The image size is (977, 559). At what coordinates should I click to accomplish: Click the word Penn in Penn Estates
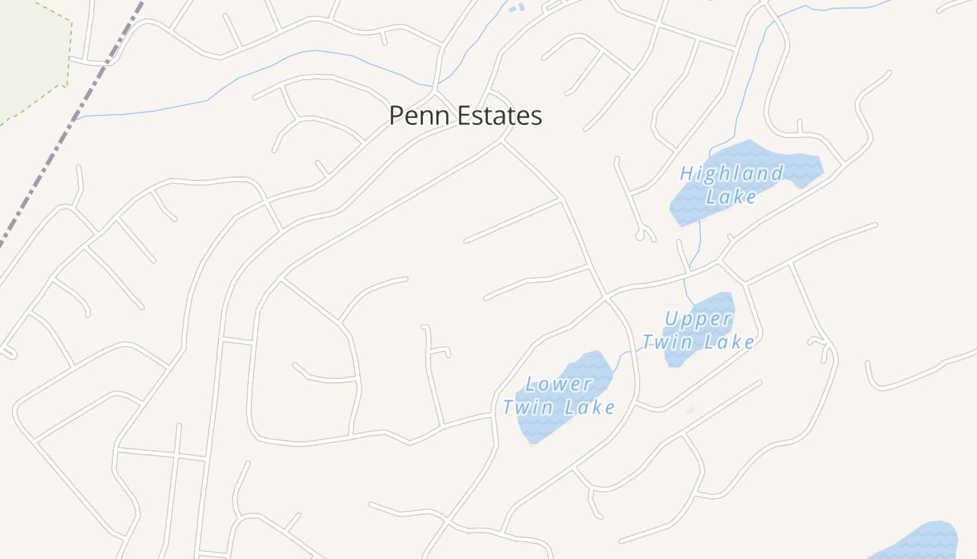416,116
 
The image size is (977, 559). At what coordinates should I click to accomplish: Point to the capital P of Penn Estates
396,116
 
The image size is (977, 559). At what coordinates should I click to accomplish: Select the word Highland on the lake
731,173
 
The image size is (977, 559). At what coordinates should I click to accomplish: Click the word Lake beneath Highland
731,196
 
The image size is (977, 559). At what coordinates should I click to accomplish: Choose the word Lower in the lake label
558,384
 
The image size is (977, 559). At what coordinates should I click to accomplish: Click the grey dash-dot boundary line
70,126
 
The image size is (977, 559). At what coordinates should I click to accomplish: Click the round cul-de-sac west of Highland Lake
640,236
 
